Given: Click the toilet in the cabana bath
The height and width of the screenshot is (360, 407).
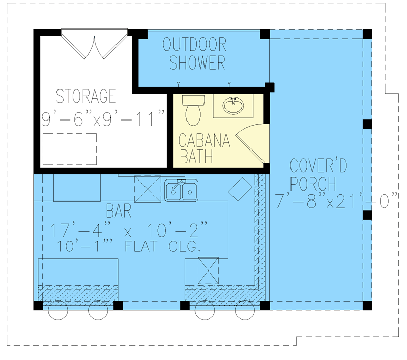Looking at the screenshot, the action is click(x=193, y=110).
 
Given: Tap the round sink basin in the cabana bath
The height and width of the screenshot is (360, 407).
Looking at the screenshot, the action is click(x=233, y=106).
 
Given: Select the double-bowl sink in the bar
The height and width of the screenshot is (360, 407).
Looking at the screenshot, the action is click(x=182, y=191).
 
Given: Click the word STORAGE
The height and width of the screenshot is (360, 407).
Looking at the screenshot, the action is click(x=86, y=96).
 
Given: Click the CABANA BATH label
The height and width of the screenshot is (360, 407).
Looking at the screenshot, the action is click(x=205, y=148).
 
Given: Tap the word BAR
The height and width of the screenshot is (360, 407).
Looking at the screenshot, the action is click(x=119, y=211).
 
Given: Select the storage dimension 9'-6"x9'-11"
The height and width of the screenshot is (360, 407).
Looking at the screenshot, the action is click(x=103, y=118).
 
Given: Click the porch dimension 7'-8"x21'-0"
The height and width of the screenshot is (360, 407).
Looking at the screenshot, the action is click(x=336, y=200).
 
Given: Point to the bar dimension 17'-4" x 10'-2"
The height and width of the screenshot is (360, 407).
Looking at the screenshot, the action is click(x=129, y=229).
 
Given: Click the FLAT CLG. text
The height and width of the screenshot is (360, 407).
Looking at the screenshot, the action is click(x=163, y=246).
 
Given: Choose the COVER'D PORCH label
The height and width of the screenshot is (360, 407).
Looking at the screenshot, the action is click(x=318, y=174).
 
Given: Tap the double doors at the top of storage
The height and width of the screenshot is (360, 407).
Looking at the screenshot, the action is click(x=94, y=44).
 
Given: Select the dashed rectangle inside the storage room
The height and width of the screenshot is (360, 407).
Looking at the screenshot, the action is click(x=70, y=149).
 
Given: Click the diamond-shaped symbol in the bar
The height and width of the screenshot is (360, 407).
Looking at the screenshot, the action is click(x=240, y=189).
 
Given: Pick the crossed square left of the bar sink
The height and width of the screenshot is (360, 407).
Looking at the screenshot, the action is click(x=148, y=189).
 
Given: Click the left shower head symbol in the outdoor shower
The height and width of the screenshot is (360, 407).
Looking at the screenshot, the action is click(x=178, y=84).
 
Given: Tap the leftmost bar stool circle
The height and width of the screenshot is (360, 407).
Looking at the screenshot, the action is click(x=58, y=310).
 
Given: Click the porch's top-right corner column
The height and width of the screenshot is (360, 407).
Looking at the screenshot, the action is click(x=367, y=34).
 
